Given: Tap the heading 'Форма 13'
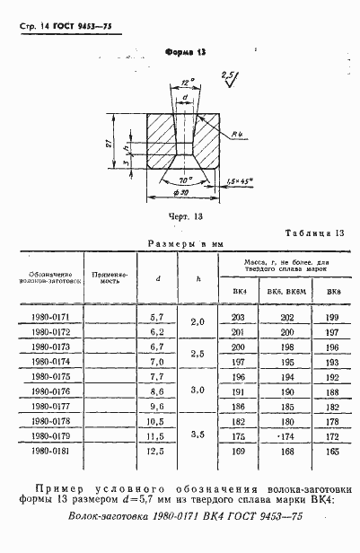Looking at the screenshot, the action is coord(184,52).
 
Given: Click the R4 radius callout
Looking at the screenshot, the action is coord(237,134).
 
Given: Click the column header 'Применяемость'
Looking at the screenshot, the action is coord(111,279).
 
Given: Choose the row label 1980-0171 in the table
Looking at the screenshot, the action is coord(49,319).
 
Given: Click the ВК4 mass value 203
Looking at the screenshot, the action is coord(238,319).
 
